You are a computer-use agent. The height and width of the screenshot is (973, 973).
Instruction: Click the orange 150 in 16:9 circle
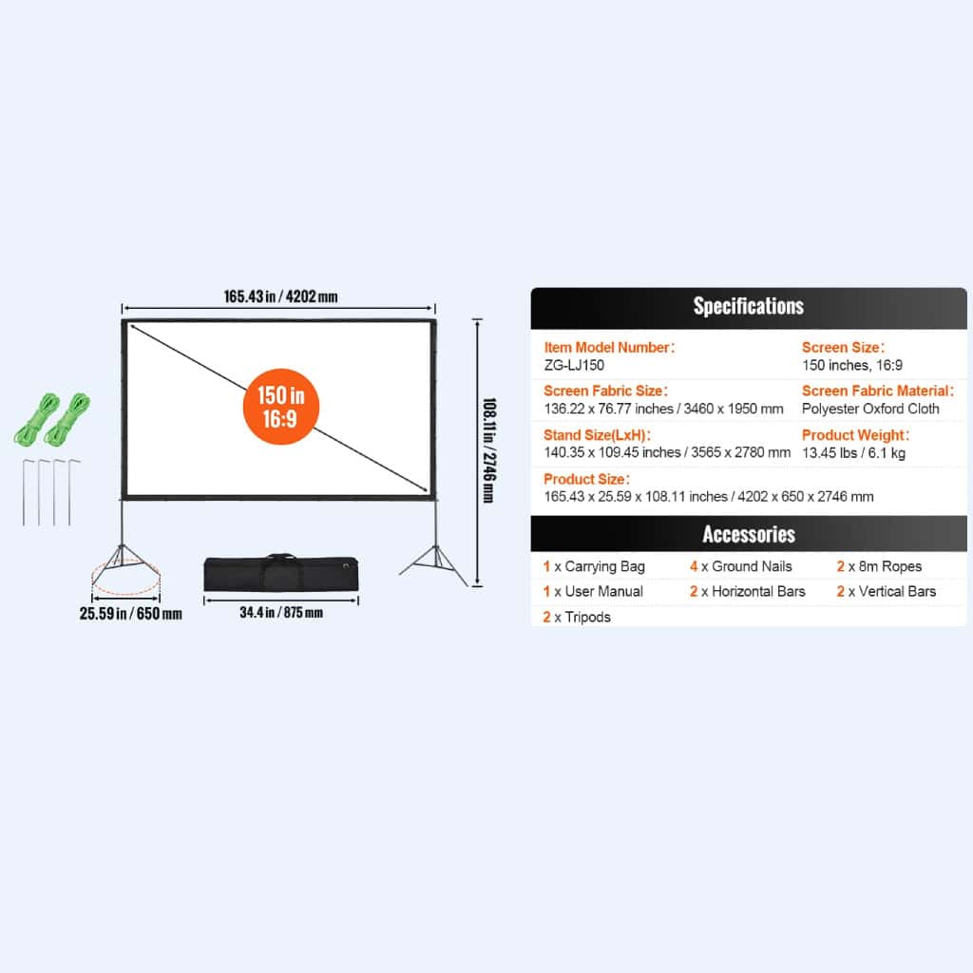pos(281,407)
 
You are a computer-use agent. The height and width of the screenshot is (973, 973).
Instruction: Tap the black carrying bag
pos(281,573)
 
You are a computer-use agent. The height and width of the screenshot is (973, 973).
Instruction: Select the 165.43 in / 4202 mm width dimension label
pos(280,296)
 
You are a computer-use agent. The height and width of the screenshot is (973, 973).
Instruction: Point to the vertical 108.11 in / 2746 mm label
pos(489,450)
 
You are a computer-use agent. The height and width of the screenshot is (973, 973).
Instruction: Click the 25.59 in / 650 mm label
pos(131,614)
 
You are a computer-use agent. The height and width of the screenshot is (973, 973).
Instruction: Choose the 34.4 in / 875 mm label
pos(281,613)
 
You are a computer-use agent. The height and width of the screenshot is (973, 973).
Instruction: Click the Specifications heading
pos(749,306)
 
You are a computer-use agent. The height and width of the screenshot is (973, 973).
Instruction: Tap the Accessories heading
pos(749,534)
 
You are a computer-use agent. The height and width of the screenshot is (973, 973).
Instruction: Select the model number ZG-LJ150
pos(574,366)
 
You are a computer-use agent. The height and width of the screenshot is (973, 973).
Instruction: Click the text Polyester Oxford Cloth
pos(870,409)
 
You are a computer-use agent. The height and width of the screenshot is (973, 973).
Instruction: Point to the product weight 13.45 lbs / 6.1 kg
pos(853,453)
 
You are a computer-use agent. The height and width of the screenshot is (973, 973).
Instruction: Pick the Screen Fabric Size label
pos(605,391)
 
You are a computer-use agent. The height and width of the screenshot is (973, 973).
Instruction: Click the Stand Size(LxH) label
pos(597,435)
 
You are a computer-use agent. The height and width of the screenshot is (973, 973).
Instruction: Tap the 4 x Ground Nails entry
pos(741,566)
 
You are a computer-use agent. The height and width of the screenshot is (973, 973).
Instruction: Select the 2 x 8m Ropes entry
pos(879,566)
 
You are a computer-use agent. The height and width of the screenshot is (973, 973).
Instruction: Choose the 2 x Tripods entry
pos(577,618)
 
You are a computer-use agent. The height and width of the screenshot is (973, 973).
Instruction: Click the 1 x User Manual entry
pos(593,592)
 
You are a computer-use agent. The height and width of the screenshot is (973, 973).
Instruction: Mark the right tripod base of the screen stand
pos(435,563)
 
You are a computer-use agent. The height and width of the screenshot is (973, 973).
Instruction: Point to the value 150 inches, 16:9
pos(852,366)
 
